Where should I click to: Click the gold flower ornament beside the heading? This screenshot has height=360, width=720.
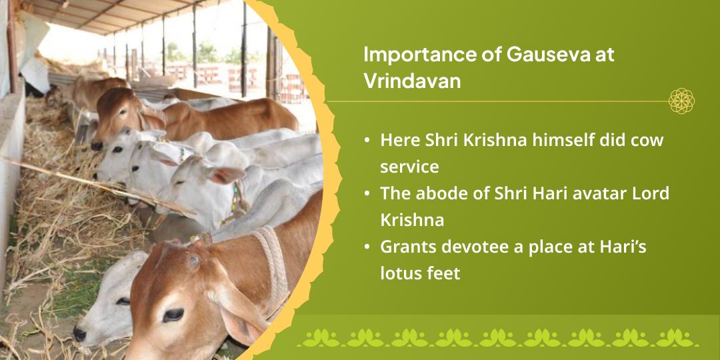681,101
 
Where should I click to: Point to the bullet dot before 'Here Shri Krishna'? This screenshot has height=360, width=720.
367,141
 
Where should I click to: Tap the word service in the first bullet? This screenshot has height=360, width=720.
409,167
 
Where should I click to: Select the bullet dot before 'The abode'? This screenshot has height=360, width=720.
367,195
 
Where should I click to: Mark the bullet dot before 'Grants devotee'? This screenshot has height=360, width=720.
367,248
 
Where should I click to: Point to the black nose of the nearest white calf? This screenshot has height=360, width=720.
79,334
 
